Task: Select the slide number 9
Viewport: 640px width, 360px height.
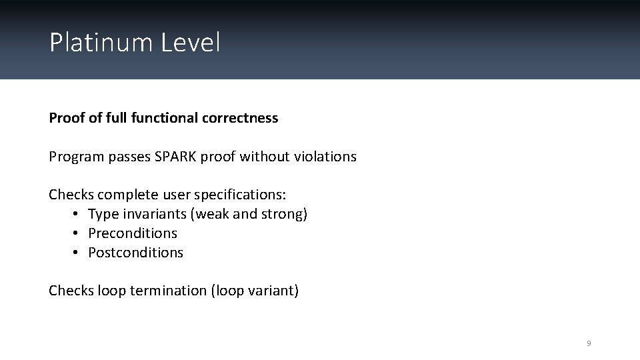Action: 589,343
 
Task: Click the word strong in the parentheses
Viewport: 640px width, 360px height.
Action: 285,215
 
